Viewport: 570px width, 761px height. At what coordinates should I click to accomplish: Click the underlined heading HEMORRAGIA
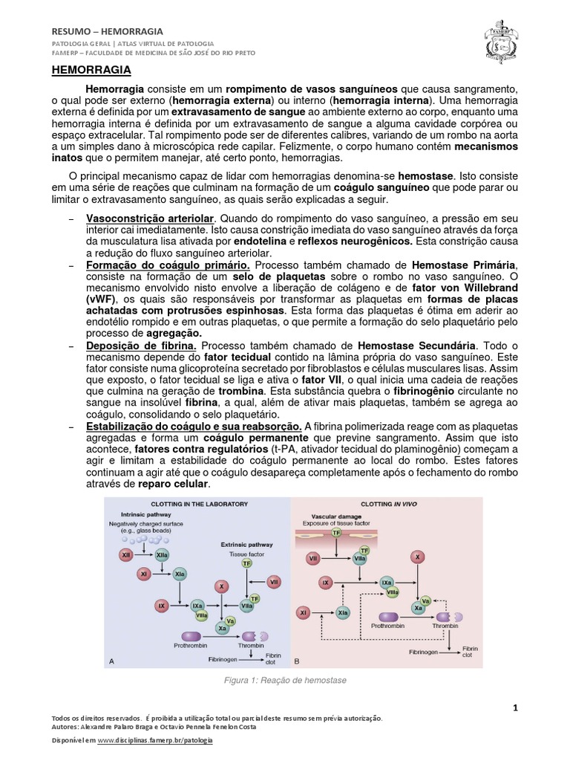91,70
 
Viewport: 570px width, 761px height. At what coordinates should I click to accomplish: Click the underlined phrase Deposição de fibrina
142,346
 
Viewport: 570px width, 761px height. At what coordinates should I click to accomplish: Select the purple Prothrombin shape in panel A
194,636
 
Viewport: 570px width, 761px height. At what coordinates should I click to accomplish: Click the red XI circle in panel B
304,612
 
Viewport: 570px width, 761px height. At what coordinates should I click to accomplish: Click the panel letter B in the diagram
297,661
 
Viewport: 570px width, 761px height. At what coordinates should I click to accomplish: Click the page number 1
515,708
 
